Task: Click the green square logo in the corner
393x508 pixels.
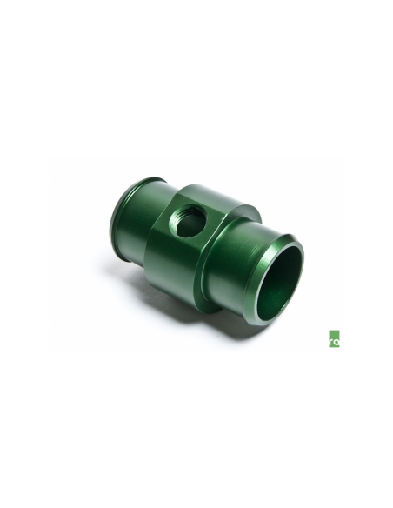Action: point(333,339)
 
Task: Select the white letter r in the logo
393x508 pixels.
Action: point(331,342)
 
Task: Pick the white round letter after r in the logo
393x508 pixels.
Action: point(336,343)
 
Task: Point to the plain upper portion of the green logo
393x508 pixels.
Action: point(333,334)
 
